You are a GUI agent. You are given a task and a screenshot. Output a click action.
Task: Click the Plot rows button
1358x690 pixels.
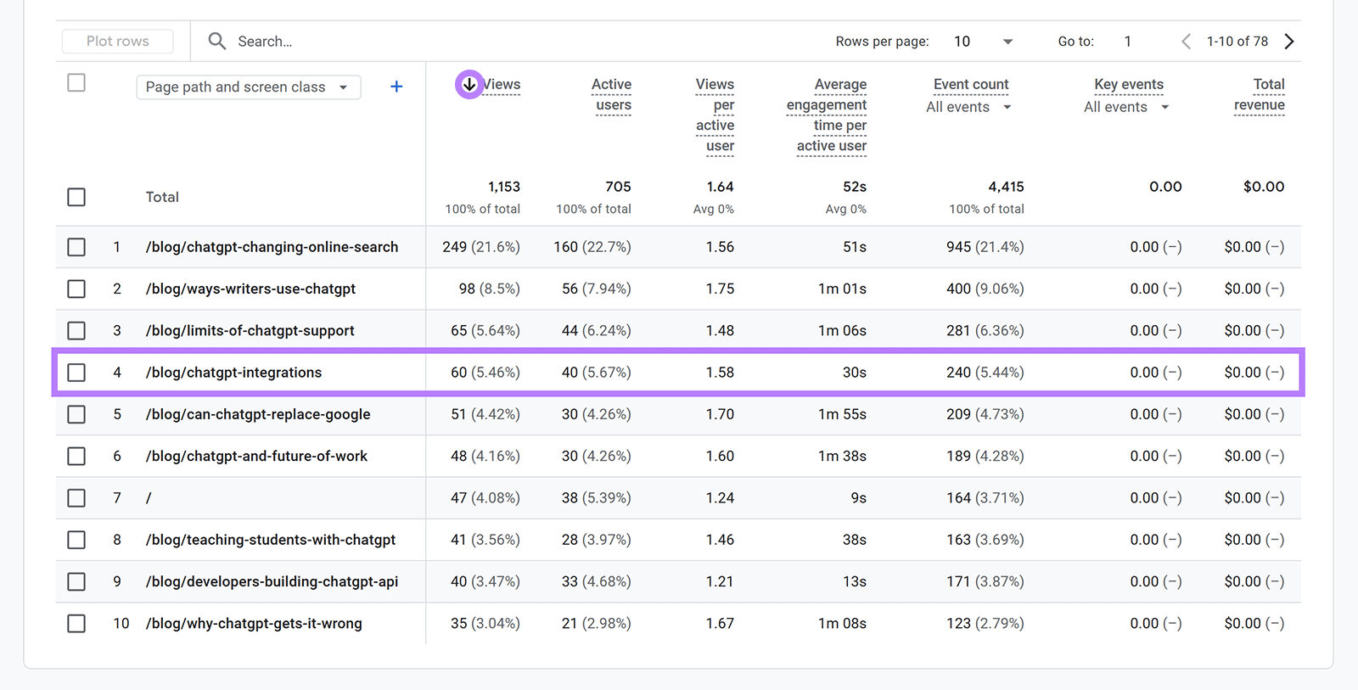click(117, 42)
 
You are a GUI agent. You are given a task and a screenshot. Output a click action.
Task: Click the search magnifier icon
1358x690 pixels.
click(217, 42)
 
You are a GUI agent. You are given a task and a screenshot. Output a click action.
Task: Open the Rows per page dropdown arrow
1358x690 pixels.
click(1007, 42)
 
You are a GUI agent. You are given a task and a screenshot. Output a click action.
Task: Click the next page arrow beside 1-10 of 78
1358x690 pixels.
click(1289, 42)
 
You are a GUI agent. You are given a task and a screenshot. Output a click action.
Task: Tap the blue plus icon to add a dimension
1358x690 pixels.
click(396, 87)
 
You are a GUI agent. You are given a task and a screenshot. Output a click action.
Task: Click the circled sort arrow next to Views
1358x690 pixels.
click(469, 85)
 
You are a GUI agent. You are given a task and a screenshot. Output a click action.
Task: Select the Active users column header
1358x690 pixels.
click(612, 95)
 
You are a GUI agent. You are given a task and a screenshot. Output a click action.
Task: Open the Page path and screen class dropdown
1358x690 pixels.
click(248, 87)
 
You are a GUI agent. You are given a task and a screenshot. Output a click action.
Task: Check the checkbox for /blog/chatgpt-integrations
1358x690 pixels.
click(76, 373)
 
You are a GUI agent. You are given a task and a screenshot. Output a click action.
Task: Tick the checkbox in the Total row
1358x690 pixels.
click(76, 197)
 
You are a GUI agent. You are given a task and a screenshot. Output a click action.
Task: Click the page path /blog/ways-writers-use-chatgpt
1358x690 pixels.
click(250, 289)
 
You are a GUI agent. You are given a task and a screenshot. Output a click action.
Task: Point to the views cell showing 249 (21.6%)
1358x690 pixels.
click(481, 247)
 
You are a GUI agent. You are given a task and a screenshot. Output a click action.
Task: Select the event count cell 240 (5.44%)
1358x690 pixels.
click(985, 373)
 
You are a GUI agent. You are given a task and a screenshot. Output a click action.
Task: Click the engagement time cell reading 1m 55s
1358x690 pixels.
click(842, 415)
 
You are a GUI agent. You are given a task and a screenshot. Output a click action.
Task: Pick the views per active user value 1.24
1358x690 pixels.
click(720, 498)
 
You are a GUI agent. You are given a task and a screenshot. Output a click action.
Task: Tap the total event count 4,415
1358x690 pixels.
click(1006, 187)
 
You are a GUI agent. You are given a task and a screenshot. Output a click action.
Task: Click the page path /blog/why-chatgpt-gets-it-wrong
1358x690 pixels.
click(254, 624)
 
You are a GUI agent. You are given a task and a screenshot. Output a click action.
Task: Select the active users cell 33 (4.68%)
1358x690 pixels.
click(596, 582)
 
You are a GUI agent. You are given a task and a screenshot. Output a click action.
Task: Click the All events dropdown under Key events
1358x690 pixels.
click(1126, 107)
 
